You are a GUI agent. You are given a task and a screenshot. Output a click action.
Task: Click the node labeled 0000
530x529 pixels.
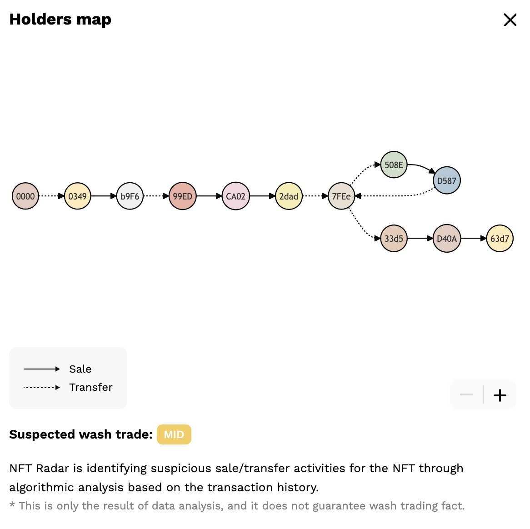coord(25,196)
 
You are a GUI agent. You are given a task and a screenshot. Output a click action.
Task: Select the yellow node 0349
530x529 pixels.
coord(78,196)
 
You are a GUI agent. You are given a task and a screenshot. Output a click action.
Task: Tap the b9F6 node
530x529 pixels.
coord(130,196)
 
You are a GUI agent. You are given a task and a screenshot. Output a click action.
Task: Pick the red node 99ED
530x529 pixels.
coord(182,196)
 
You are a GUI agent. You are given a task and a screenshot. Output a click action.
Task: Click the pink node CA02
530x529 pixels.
coord(235,196)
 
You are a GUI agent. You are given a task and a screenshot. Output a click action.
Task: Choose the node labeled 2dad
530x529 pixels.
coord(289,196)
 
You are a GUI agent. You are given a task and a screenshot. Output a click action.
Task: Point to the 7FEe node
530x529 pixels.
coord(341,196)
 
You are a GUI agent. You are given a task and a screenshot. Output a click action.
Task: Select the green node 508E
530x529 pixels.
coord(394,165)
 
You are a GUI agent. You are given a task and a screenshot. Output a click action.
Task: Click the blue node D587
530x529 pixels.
coord(446,180)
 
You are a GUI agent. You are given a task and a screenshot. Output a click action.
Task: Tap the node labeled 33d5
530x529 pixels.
coord(394,239)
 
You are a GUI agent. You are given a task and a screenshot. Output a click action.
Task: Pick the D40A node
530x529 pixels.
coord(446,239)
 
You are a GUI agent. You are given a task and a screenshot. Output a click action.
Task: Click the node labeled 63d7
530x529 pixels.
coord(500,239)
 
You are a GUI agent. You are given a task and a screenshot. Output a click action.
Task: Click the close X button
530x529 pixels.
coord(510,20)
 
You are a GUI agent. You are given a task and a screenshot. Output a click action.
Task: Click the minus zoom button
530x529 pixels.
coord(466,395)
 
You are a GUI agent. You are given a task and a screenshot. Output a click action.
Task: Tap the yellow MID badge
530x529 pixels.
coord(174,434)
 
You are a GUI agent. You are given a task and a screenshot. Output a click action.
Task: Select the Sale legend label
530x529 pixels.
coord(80,369)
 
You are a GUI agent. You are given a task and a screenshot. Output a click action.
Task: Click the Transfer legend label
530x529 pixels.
coord(90,387)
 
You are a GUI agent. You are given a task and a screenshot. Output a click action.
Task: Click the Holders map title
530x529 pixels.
coord(60,20)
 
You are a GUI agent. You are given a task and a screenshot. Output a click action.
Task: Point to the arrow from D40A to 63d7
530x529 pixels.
coord(473,239)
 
